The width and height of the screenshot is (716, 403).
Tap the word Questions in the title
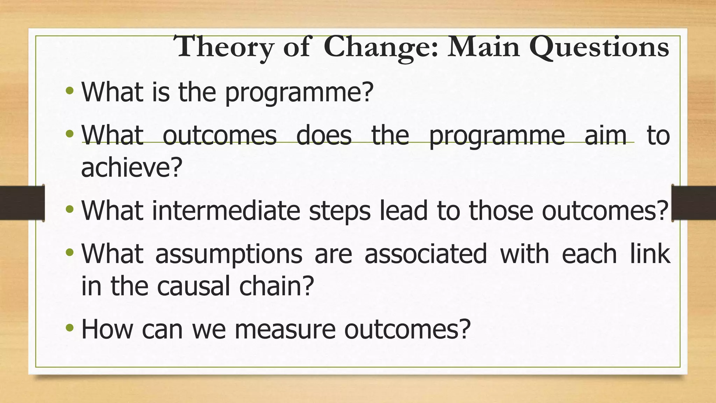(x=599, y=48)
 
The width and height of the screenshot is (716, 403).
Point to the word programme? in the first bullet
(x=299, y=93)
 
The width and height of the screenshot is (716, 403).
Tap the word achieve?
(x=132, y=167)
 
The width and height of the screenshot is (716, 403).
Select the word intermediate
(x=226, y=211)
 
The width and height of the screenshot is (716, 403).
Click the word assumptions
(x=229, y=255)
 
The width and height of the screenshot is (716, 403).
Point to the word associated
(x=425, y=254)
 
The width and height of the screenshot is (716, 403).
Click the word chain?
(x=277, y=286)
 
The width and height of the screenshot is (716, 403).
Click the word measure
(x=285, y=330)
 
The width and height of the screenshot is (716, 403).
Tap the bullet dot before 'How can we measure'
(x=70, y=328)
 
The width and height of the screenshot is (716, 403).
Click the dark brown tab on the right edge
(x=694, y=203)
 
